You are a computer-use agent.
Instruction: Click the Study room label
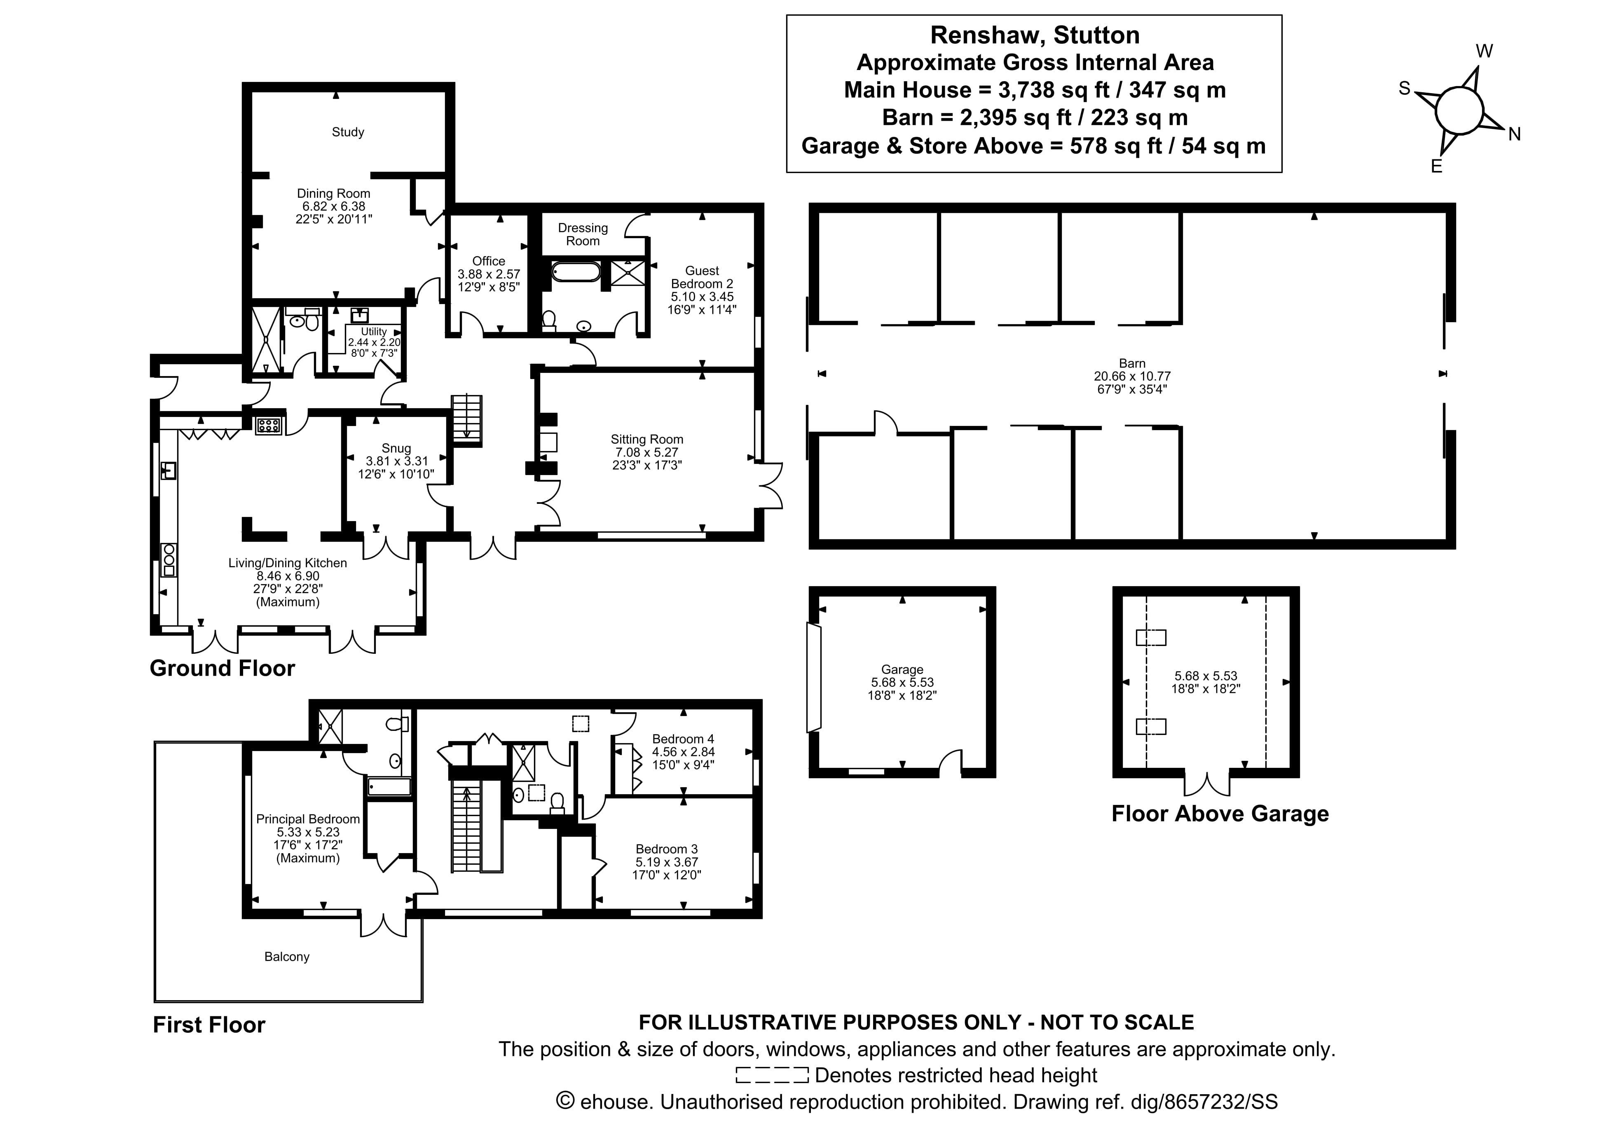[x=348, y=132]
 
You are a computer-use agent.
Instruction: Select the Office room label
[x=488, y=261]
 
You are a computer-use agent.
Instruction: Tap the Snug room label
[x=396, y=448]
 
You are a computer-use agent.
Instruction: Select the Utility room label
[x=374, y=331]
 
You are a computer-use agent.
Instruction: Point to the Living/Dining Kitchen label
[x=287, y=563]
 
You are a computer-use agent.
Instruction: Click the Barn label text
[x=1132, y=363]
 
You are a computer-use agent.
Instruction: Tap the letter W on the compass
[x=1484, y=51]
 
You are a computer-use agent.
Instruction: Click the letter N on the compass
[x=1514, y=135]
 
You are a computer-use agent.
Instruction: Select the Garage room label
[x=902, y=670]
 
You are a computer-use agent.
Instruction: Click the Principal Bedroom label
[x=308, y=819]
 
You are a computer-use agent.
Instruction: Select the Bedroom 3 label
[x=666, y=849]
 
